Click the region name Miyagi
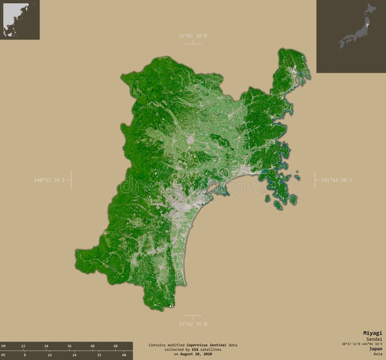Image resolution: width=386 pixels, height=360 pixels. pyautogui.click(x=372, y=333)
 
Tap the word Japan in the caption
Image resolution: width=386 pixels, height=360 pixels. pyautogui.click(x=374, y=349)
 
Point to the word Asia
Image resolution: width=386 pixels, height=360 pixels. pyautogui.click(x=377, y=354)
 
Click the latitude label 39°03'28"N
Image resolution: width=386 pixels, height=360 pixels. pyautogui.click(x=193, y=36)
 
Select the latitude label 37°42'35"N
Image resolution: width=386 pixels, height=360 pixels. pyautogui.click(x=193, y=324)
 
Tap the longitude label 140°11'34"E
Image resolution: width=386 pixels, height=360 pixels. pyautogui.click(x=49, y=180)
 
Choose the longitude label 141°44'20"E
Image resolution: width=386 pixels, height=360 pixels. pyautogui.click(x=336, y=180)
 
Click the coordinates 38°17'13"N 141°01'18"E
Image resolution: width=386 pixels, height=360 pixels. pyautogui.click(x=361, y=344)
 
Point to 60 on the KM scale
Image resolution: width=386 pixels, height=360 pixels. pyautogui.click(x=115, y=346)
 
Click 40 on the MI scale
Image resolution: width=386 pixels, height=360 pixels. pyautogui.click(x=124, y=355)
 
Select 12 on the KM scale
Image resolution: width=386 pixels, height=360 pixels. pyautogui.click(x=23, y=346)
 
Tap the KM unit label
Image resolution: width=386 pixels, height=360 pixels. pyautogui.click(x=3, y=346)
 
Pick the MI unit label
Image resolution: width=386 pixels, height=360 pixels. pyautogui.click(x=3, y=355)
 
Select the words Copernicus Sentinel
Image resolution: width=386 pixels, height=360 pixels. pyautogui.click(x=206, y=345)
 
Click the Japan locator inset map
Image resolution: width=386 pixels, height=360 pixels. pyautogui.click(x=351, y=36)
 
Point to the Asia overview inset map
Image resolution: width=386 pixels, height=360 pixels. pyautogui.click(x=20, y=20)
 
